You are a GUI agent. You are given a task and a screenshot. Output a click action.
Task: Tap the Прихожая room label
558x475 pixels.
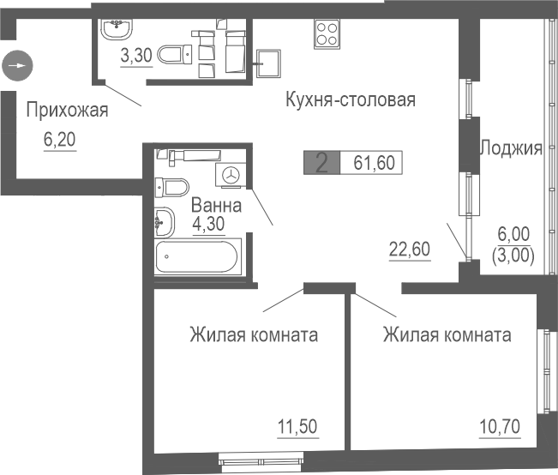[x=67, y=109]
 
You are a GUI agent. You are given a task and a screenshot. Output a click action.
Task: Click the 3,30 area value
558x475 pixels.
[x=136, y=57]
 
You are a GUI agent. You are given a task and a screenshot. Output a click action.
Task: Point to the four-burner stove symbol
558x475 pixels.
[x=327, y=33]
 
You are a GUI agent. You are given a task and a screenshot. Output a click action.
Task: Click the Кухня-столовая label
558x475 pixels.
[x=350, y=100]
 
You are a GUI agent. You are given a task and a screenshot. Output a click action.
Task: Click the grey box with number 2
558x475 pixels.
[x=321, y=163]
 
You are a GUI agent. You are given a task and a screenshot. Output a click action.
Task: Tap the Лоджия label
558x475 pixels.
[x=510, y=148]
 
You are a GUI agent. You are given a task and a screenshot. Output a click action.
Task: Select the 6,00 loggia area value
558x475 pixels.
[x=514, y=234]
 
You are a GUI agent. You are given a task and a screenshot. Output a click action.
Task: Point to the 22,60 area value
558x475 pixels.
[x=409, y=250]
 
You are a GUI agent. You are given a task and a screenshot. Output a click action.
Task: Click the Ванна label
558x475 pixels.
[x=215, y=206]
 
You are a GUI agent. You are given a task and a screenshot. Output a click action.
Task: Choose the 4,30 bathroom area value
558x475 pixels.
[x=208, y=225]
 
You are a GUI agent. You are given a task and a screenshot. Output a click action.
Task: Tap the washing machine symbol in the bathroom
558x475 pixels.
[x=231, y=175]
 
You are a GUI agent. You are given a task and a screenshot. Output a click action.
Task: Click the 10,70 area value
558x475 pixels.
[x=499, y=425]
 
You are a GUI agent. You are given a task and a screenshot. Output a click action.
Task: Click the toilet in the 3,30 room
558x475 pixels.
[x=175, y=56]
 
